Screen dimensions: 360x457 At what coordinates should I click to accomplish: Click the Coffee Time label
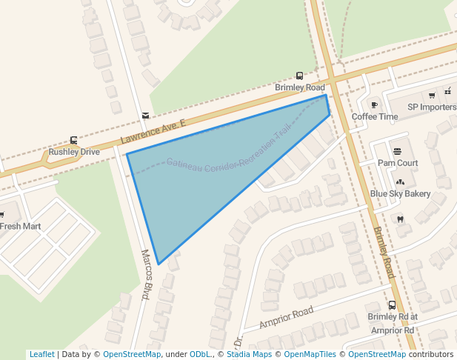tap(374, 117)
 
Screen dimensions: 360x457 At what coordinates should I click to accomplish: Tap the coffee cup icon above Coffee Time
tap(375, 104)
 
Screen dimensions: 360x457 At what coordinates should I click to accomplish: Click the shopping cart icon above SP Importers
tap(432, 95)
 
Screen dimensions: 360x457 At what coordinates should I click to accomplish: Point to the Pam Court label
tap(398, 163)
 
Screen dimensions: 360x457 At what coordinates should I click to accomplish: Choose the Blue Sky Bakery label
tap(400, 194)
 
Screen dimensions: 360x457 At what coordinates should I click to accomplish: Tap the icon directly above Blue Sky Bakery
tap(401, 181)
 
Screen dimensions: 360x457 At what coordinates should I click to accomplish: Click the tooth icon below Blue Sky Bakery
tap(401, 219)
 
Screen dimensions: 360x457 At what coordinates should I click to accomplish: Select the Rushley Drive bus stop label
tap(74, 152)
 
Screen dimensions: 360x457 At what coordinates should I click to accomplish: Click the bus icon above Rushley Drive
tap(73, 140)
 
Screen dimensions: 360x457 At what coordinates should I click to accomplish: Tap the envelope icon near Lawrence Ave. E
tap(145, 115)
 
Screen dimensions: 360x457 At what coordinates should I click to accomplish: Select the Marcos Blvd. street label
tap(146, 275)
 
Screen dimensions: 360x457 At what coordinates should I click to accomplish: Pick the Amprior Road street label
tap(287, 317)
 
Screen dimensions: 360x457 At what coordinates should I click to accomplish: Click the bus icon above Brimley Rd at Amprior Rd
tap(392, 305)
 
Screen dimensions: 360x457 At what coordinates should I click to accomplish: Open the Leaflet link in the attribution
tap(41, 355)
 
